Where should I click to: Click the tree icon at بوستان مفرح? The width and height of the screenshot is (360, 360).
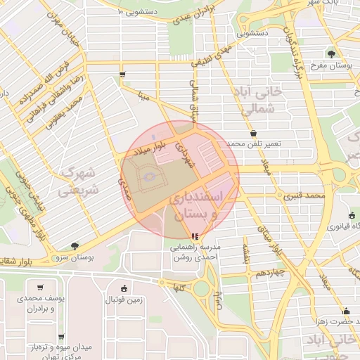[330, 53]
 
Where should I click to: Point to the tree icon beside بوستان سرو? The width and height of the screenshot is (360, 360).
[75, 245]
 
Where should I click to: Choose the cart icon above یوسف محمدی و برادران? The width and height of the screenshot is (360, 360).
[40, 287]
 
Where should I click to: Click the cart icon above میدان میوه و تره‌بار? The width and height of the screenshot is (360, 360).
[61, 337]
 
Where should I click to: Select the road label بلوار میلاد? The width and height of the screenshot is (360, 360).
[149, 149]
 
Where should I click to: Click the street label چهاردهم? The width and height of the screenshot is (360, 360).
[269, 270]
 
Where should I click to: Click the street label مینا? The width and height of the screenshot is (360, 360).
[144, 96]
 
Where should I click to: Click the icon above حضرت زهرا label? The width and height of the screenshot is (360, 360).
[345, 311]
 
